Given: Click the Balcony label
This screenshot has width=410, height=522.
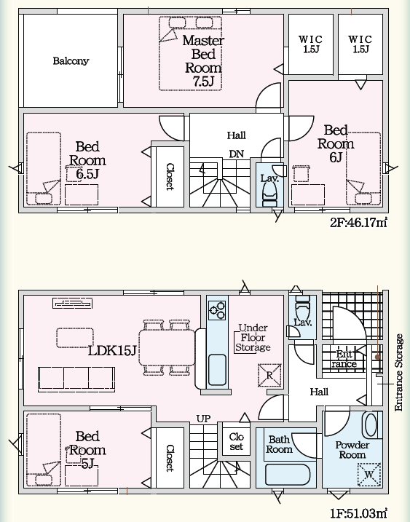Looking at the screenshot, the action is pyautogui.click(x=71, y=61).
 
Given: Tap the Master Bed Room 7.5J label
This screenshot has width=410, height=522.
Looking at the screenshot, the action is pyautogui.click(x=203, y=61).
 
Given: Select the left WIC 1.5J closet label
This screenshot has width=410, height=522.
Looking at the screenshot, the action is pyautogui.click(x=311, y=44).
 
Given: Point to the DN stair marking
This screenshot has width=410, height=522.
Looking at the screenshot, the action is pyautogui.click(x=236, y=154).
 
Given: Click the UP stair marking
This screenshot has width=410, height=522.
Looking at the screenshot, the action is pyautogui.click(x=203, y=419).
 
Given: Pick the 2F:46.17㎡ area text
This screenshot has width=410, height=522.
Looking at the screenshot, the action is pyautogui.click(x=359, y=222).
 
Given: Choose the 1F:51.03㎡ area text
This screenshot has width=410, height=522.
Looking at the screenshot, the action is pyautogui.click(x=359, y=513).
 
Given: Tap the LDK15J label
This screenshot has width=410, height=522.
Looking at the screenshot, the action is pyautogui.click(x=112, y=350).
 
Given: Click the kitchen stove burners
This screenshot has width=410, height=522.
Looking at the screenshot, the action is pyautogui.click(x=217, y=310).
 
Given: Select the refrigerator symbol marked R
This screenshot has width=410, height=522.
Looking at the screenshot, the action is pyautogui.click(x=269, y=375).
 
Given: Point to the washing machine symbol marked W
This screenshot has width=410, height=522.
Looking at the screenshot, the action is pyautogui.click(x=369, y=475).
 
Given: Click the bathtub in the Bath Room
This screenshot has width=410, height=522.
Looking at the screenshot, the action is pyautogui.click(x=288, y=475).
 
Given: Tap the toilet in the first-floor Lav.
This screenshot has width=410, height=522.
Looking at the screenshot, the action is pyautogui.click(x=302, y=307).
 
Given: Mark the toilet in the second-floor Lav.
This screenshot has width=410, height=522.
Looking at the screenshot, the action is pyautogui.click(x=270, y=196).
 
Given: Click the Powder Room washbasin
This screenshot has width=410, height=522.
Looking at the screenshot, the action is pyautogui.click(x=371, y=424).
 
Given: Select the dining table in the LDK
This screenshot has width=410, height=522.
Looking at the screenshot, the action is pyautogui.click(x=167, y=348).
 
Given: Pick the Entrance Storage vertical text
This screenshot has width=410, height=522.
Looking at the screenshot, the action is pyautogui.click(x=398, y=373).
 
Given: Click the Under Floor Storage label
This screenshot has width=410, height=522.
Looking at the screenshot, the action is pyautogui.click(x=253, y=338).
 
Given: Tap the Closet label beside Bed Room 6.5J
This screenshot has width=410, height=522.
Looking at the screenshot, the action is pyautogui.click(x=170, y=176).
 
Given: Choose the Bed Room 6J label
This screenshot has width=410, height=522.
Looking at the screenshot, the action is pyautogui.click(x=336, y=143).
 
